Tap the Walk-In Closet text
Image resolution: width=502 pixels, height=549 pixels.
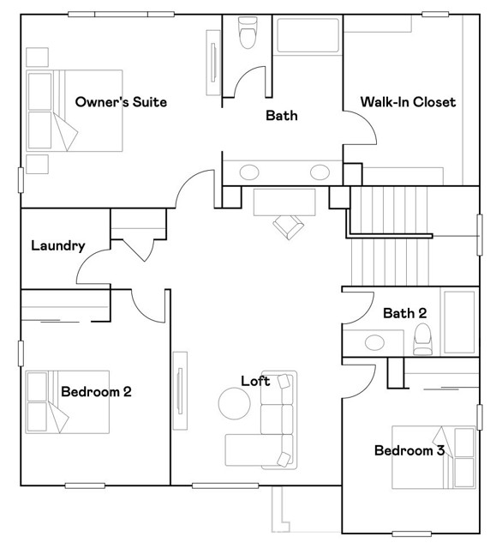tap(408, 102)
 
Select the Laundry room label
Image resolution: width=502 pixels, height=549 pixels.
tap(57, 246)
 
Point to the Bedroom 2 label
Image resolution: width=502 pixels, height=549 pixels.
tap(96, 392)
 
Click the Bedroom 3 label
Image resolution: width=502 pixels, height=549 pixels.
tap(409, 449)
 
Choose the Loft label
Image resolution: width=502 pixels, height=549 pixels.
tap(255, 381)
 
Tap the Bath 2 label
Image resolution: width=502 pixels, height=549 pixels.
tap(404, 313)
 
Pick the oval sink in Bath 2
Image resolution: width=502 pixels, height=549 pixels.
tap(374, 343)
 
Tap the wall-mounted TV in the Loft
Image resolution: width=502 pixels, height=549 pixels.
tap(180, 392)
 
